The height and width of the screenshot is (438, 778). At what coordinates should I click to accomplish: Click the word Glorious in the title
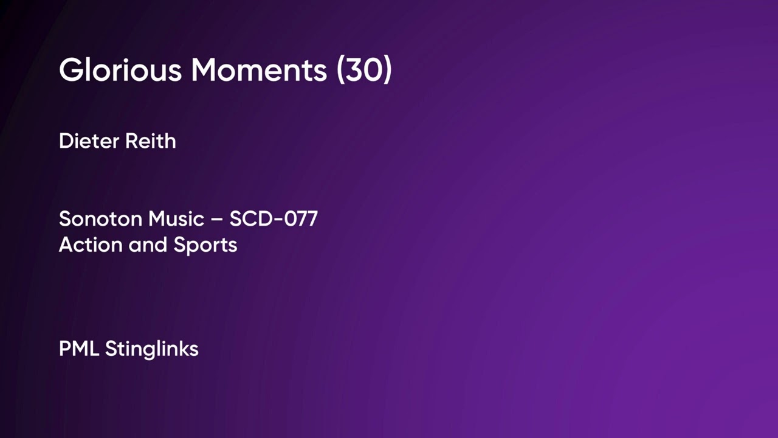pyautogui.click(x=120, y=71)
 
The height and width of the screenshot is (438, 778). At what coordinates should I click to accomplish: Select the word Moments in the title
pyautogui.click(x=259, y=71)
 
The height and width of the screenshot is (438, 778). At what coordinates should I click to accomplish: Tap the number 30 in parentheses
pyautogui.click(x=364, y=71)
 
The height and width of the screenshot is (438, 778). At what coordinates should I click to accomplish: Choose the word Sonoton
pyautogui.click(x=101, y=219)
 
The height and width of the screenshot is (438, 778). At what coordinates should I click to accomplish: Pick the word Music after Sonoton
pyautogui.click(x=176, y=219)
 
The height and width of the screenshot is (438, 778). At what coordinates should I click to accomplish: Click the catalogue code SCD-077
pyautogui.click(x=274, y=219)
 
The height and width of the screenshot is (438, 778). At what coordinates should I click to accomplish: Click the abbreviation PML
pyautogui.click(x=79, y=349)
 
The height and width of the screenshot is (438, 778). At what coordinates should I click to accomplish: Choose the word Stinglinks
pyautogui.click(x=151, y=350)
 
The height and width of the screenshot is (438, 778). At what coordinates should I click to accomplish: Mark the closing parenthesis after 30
pyautogui.click(x=386, y=71)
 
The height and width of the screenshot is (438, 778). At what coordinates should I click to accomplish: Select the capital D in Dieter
pyautogui.click(x=66, y=141)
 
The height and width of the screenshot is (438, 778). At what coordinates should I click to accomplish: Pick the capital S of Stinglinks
pyautogui.click(x=110, y=349)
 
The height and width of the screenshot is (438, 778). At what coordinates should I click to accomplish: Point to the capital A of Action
pyautogui.click(x=66, y=245)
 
